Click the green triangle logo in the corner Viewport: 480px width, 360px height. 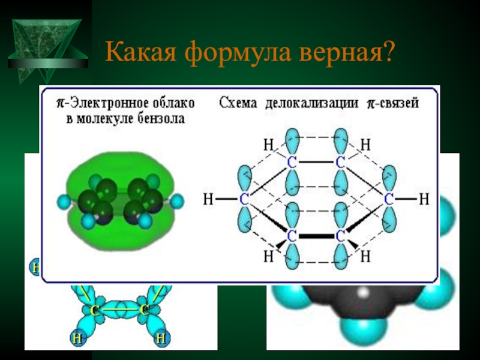(47, 43)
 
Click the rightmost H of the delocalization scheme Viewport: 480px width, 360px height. (424, 198)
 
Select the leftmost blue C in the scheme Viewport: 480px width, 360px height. (244, 199)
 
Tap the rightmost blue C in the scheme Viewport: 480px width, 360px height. (389, 199)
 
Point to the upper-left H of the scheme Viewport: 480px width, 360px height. (267, 145)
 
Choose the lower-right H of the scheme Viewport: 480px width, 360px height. (366, 256)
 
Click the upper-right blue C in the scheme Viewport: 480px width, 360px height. (340, 162)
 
